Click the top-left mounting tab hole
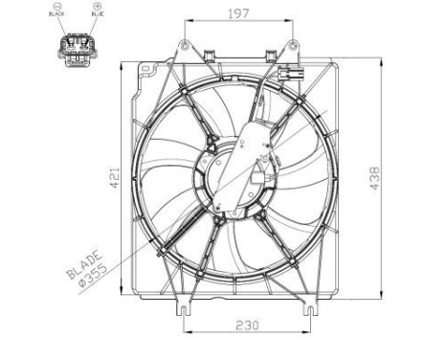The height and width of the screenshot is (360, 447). tap(182, 45)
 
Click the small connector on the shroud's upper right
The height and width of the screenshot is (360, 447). tap(288, 76)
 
